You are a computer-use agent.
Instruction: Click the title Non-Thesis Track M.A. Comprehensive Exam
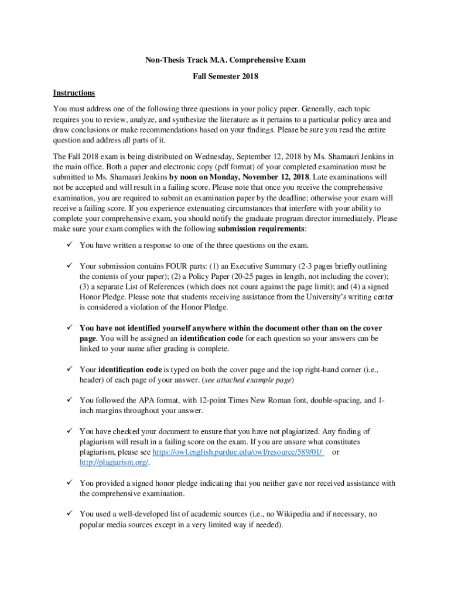pos(225,60)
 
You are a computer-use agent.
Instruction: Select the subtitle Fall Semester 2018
pos(225,76)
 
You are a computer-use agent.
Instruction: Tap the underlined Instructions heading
pos(74,93)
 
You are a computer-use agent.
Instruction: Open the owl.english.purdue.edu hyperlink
pos(237,452)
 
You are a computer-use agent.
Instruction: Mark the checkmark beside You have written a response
pos(69,245)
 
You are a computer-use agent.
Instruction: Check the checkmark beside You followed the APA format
pos(69,400)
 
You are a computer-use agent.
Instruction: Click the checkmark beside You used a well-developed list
pos(69,514)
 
